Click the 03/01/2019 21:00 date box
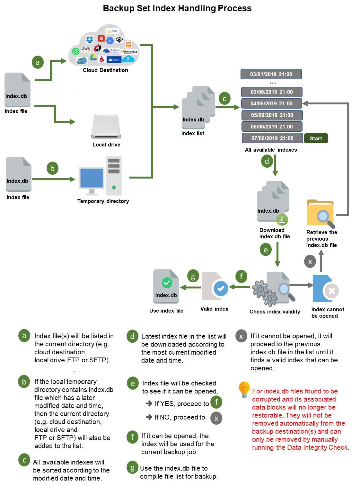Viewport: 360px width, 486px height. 271,74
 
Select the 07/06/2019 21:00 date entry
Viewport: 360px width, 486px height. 272,138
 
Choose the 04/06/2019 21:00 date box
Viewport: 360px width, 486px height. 272,103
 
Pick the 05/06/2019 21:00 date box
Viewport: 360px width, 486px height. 272,115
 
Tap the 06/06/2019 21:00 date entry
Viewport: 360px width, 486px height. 272,127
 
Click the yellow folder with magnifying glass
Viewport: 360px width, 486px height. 320,215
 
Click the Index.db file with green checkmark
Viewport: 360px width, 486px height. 166,286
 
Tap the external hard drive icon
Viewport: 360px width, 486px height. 106,126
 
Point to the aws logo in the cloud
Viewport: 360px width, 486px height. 86,49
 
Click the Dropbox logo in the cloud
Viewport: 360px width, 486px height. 90,40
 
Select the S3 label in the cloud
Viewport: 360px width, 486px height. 135,52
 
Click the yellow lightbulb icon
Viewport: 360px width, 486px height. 244,389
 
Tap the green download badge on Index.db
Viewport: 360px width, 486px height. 282,220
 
